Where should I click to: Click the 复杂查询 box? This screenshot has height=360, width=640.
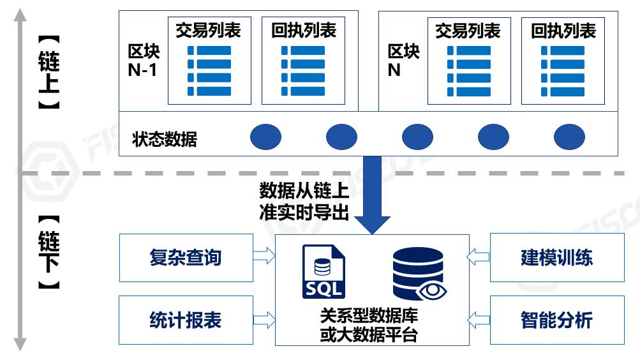point(185,257)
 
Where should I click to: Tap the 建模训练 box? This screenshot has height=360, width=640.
point(556,257)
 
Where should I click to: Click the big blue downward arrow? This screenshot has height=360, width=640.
point(372,195)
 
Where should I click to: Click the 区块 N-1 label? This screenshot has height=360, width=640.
point(143,60)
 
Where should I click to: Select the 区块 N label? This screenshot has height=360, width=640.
point(403,60)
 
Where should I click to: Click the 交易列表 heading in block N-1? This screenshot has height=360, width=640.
point(208,31)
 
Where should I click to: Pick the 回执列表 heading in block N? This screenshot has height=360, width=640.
point(563,31)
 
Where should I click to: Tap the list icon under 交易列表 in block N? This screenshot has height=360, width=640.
point(468,70)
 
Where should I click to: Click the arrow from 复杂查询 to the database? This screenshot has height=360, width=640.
point(263,257)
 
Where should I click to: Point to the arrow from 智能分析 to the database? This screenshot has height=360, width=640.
point(478,318)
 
